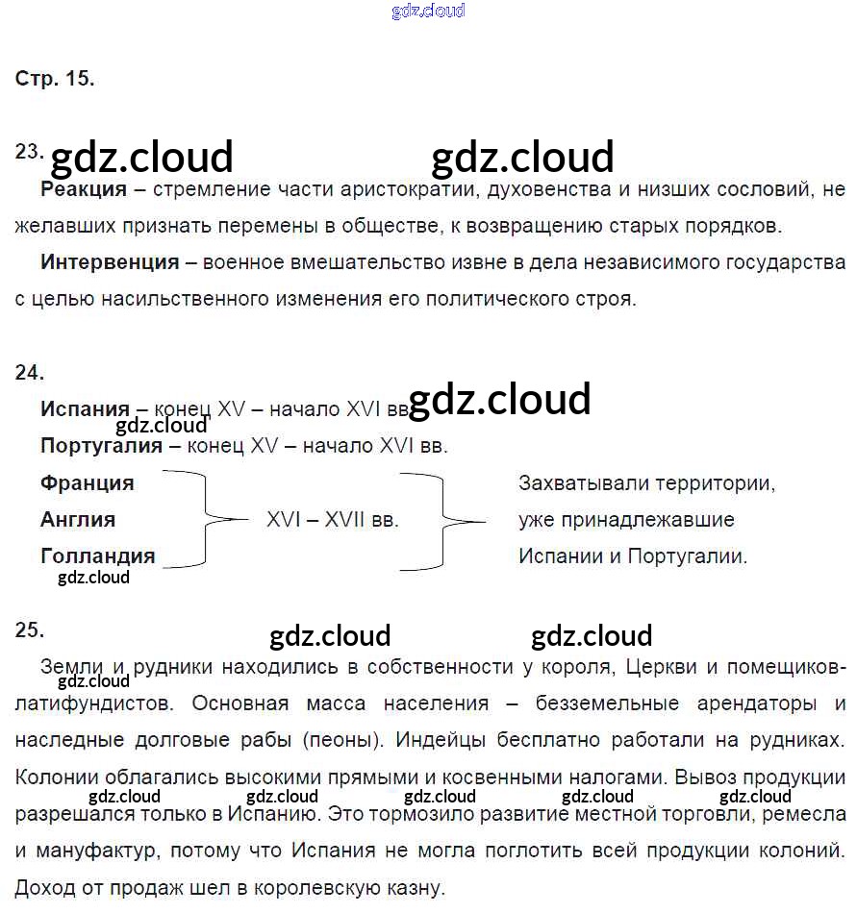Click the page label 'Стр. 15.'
tap(55, 79)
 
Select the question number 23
tap(29, 151)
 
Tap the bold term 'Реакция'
tap(84, 189)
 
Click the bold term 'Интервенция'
tap(110, 262)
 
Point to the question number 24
tap(29, 373)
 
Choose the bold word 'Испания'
tap(85, 409)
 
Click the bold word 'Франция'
tap(88, 482)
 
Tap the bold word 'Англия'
tap(78, 520)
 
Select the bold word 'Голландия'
tap(97, 556)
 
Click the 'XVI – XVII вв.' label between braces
tap(333, 520)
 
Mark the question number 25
tap(29, 629)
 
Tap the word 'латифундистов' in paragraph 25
tap(94, 703)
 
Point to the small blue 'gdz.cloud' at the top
tap(429, 11)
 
